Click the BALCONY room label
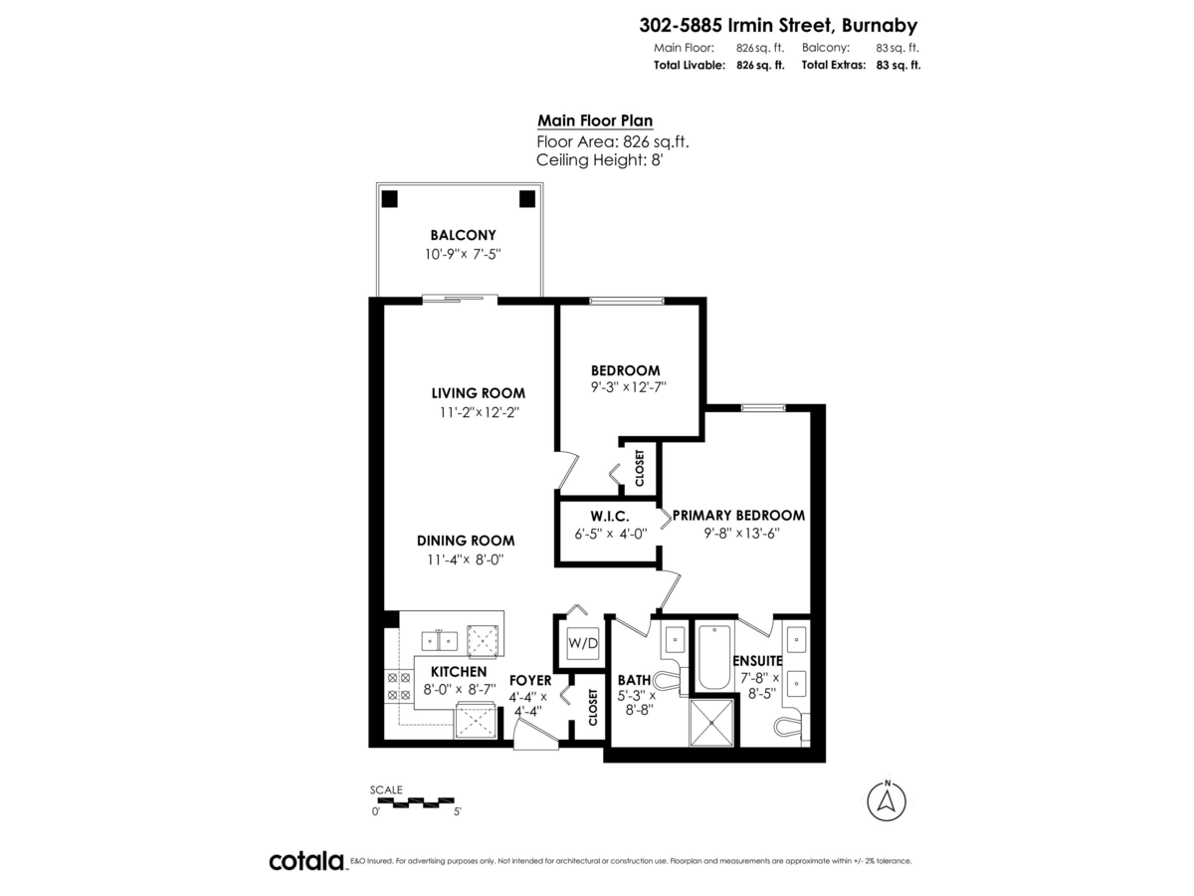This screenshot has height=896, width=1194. point(463,235)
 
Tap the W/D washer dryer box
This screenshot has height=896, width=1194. point(583,643)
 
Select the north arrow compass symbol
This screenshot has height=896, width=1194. point(887,800)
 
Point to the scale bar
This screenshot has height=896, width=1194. point(416,800)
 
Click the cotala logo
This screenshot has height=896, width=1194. point(307,861)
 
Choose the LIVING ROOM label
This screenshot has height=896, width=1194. point(479,393)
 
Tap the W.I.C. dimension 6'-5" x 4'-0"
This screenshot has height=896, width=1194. point(610,534)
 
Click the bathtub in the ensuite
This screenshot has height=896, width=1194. point(713,657)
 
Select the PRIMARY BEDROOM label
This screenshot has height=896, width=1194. point(738,515)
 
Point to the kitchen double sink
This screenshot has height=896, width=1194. point(440,641)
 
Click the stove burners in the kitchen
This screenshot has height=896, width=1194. point(398,687)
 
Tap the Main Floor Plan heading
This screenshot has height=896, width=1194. point(595,120)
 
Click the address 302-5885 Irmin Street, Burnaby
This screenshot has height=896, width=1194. point(778,25)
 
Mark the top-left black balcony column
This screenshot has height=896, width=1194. point(389,199)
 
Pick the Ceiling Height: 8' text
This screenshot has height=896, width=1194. point(599,160)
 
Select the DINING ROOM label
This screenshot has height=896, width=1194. point(466,541)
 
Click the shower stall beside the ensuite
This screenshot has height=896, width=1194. point(711,722)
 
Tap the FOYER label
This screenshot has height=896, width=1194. point(530,681)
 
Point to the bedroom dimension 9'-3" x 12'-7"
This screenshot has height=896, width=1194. point(628,387)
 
